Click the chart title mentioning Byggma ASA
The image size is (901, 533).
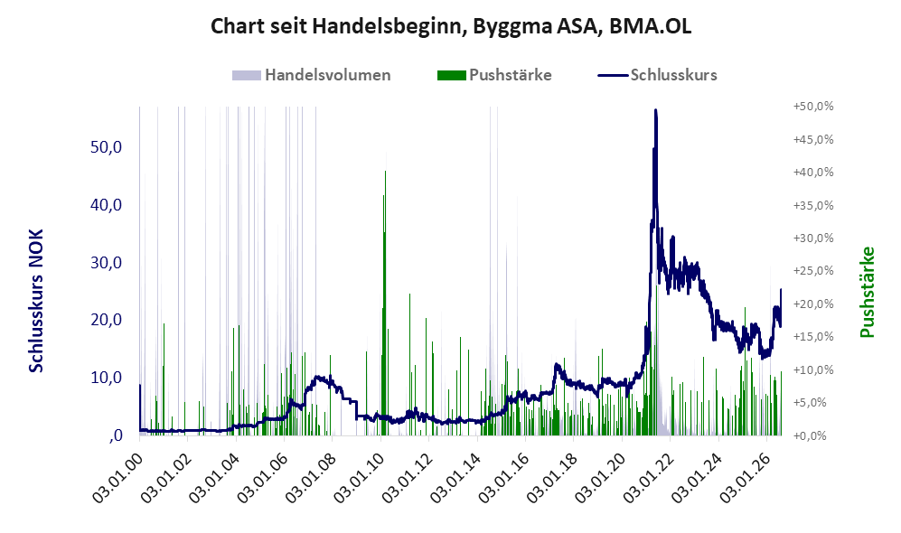coord(450,26)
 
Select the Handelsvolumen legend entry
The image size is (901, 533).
coord(312,75)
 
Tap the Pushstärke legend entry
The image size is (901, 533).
coord(494,75)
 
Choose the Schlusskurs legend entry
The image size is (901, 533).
coord(657,75)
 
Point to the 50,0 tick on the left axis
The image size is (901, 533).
coord(107,147)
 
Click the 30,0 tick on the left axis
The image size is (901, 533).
coord(107,263)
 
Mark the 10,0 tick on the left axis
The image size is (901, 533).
coord(107,378)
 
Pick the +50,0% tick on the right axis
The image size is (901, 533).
coord(813,107)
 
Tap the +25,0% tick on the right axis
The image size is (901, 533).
coord(813,270)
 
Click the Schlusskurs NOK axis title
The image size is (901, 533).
coord(36,301)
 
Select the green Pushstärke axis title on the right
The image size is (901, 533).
coord(868,292)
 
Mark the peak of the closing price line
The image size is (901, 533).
coord(655,109)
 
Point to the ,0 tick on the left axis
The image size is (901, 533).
coord(115,435)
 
